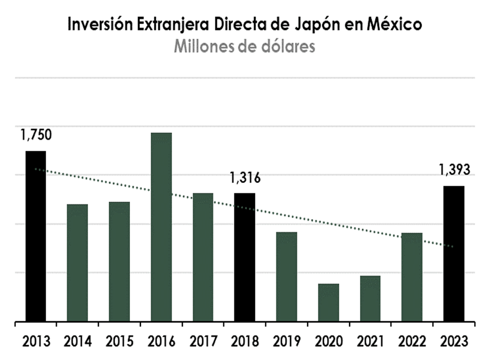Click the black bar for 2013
pyautogui.click(x=36, y=236)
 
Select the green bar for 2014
pyautogui.click(x=78, y=263)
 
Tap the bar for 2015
pyautogui.click(x=119, y=262)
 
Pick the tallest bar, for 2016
pyautogui.click(x=161, y=227)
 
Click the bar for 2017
pyautogui.click(x=203, y=257)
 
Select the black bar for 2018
pyautogui.click(x=245, y=257)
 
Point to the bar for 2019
pyautogui.click(x=287, y=276)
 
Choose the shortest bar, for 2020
pyautogui.click(x=328, y=302)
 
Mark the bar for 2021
pyautogui.click(x=370, y=298)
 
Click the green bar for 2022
pyautogui.click(x=412, y=277)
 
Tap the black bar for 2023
pyautogui.click(x=454, y=253)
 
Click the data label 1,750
pyautogui.click(x=36, y=135)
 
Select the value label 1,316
pyautogui.click(x=245, y=178)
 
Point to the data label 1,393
pyautogui.click(x=454, y=170)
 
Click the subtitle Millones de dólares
pyautogui.click(x=245, y=46)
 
